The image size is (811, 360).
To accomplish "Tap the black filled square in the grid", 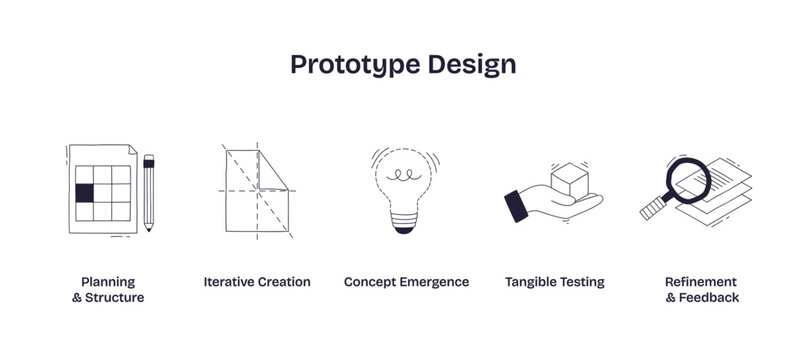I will [84, 192].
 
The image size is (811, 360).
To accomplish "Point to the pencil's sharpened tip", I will [149, 228].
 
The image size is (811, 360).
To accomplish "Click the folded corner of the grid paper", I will [128, 148].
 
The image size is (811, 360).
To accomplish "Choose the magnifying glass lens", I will [690, 177].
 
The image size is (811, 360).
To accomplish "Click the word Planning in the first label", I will [108, 282].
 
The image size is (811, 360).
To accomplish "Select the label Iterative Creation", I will [257, 282].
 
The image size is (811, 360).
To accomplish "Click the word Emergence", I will [434, 282].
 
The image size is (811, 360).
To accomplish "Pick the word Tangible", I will [532, 282].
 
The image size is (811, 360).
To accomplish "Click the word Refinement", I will [701, 282].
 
